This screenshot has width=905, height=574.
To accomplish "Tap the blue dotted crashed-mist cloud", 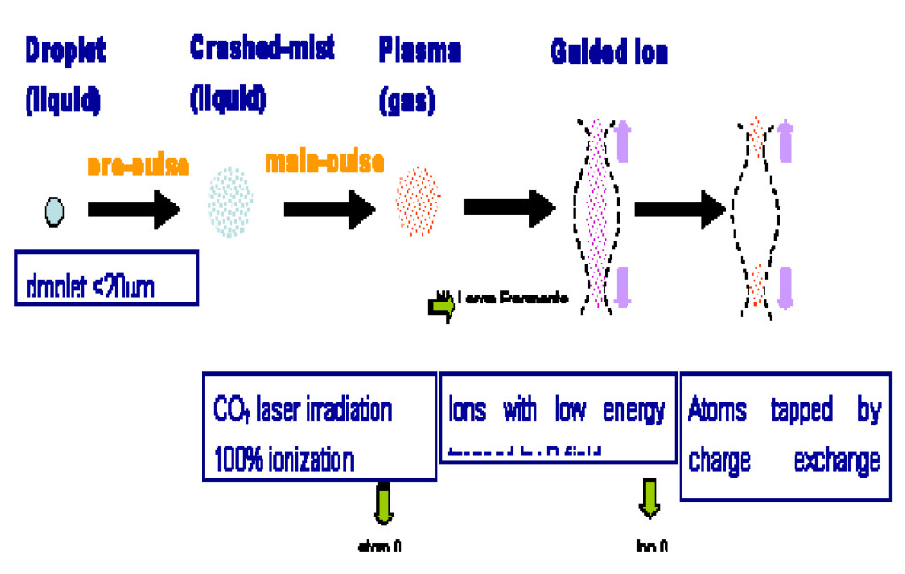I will click(x=231, y=201).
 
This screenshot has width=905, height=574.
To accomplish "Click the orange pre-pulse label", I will click(x=138, y=165).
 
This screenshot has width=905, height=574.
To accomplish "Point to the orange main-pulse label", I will click(x=325, y=162).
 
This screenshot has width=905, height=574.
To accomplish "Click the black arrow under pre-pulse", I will click(x=134, y=210).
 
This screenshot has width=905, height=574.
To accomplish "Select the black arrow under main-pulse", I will click(x=330, y=210).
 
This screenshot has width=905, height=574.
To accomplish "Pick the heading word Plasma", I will click(x=420, y=50).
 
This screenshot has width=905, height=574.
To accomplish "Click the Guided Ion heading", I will click(x=609, y=52).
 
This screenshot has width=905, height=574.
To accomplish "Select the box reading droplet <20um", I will click(x=106, y=279).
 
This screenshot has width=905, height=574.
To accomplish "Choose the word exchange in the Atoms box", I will click(x=836, y=460).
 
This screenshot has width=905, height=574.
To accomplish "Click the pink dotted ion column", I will click(x=601, y=212).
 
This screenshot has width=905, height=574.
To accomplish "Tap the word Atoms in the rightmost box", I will click(x=717, y=411).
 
